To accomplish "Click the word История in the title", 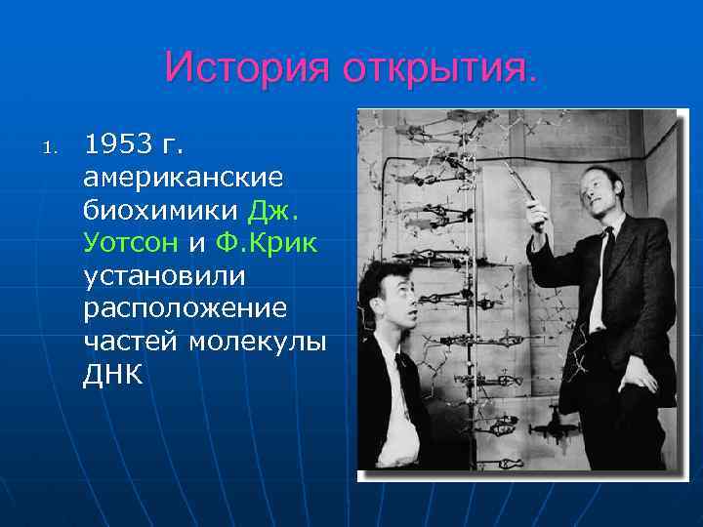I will [248, 68].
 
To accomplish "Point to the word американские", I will [184, 178].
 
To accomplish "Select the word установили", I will [164, 276].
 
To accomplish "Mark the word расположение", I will [185, 308].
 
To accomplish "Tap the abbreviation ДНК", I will [113, 375].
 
